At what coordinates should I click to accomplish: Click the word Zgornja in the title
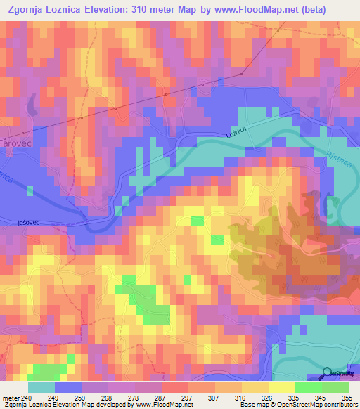(x=31, y=11)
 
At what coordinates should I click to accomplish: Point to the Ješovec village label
(x=28, y=222)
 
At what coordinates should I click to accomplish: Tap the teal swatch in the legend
(x=41, y=387)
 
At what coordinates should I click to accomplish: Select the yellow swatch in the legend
(x=281, y=387)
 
